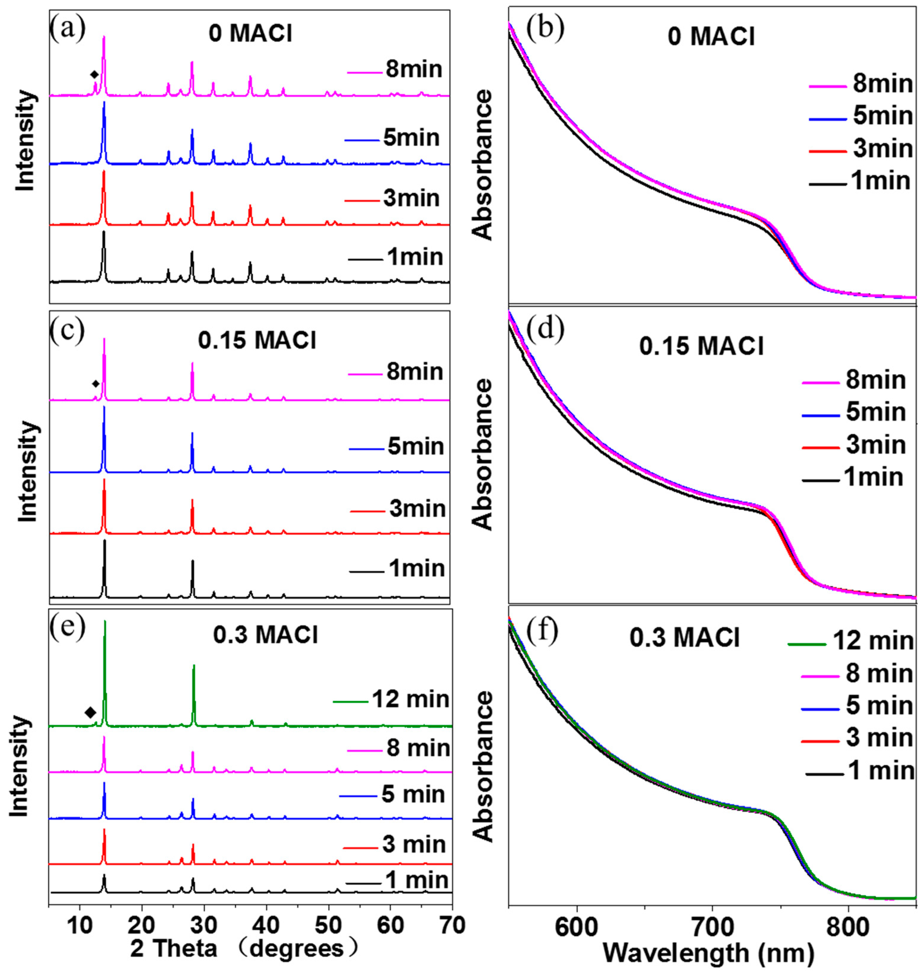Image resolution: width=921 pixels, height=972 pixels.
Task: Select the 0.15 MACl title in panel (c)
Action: (x=257, y=341)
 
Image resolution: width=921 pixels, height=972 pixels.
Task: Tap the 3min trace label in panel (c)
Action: (x=417, y=509)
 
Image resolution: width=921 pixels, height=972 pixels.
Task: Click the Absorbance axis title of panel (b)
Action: (x=484, y=165)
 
